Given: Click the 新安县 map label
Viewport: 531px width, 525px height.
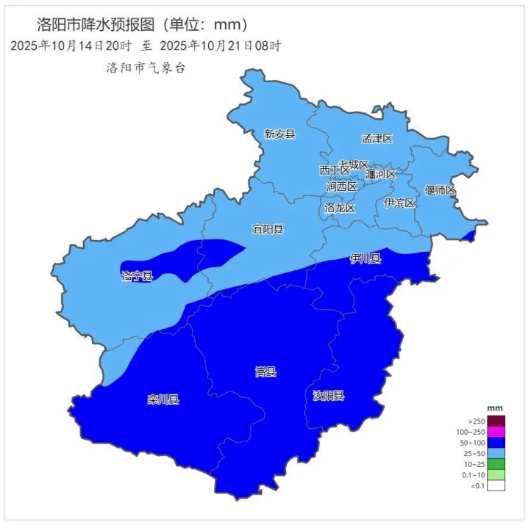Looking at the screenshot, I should pos(279,134).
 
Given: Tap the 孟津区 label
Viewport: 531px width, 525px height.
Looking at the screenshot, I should pos(377,139).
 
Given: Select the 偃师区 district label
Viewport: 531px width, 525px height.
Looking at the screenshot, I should pos(441,190).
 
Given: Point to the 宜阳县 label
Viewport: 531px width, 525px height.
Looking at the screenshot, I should pos(268,229).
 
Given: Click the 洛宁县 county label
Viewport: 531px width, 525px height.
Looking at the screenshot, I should pos(137,276).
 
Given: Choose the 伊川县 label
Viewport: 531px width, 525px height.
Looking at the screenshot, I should pos(366,258).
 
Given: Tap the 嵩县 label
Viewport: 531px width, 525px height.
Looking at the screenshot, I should pos(265,372).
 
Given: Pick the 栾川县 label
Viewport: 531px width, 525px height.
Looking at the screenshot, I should pos(163,399).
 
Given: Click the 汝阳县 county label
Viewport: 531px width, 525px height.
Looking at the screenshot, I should pos(328,396).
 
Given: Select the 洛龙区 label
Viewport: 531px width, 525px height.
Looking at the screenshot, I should pos(340,209).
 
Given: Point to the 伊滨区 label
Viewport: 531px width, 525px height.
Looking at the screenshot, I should pos(399,203).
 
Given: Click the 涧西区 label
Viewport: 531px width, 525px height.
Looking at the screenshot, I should pos(341,187).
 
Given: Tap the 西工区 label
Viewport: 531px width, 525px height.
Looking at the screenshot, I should pos(335,170).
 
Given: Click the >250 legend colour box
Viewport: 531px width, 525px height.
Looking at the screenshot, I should pos(496,421).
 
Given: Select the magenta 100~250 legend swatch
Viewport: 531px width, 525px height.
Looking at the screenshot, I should pos(496,432).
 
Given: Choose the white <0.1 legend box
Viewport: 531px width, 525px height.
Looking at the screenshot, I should pos(496,485).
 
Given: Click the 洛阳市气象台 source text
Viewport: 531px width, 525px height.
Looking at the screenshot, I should pos(146,68).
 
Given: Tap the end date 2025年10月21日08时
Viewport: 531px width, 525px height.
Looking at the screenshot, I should pos(221,46).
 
